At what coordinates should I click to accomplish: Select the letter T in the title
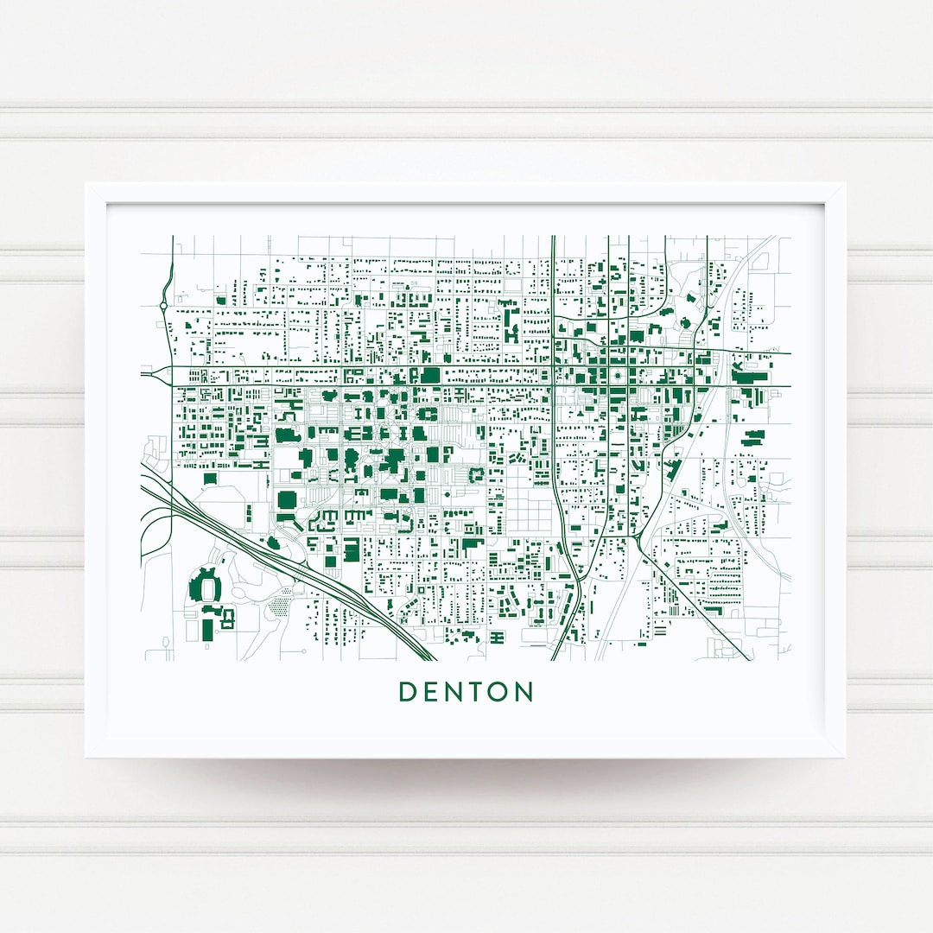click(x=478, y=692)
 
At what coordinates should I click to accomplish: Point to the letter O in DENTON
click(x=500, y=692)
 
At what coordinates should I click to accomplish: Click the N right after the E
click(x=454, y=692)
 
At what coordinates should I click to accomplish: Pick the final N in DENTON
click(x=524, y=692)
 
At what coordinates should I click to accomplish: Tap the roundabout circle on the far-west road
click(x=164, y=305)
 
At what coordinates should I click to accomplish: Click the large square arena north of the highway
click(x=286, y=500)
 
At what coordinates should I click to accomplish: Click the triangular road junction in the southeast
click(x=637, y=540)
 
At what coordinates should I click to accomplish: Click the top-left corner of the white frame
click(x=86, y=184)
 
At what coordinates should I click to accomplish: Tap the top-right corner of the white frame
click(x=844, y=184)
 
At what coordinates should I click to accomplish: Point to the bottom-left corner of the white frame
click(x=86, y=757)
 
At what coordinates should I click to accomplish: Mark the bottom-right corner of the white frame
click(x=844, y=757)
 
